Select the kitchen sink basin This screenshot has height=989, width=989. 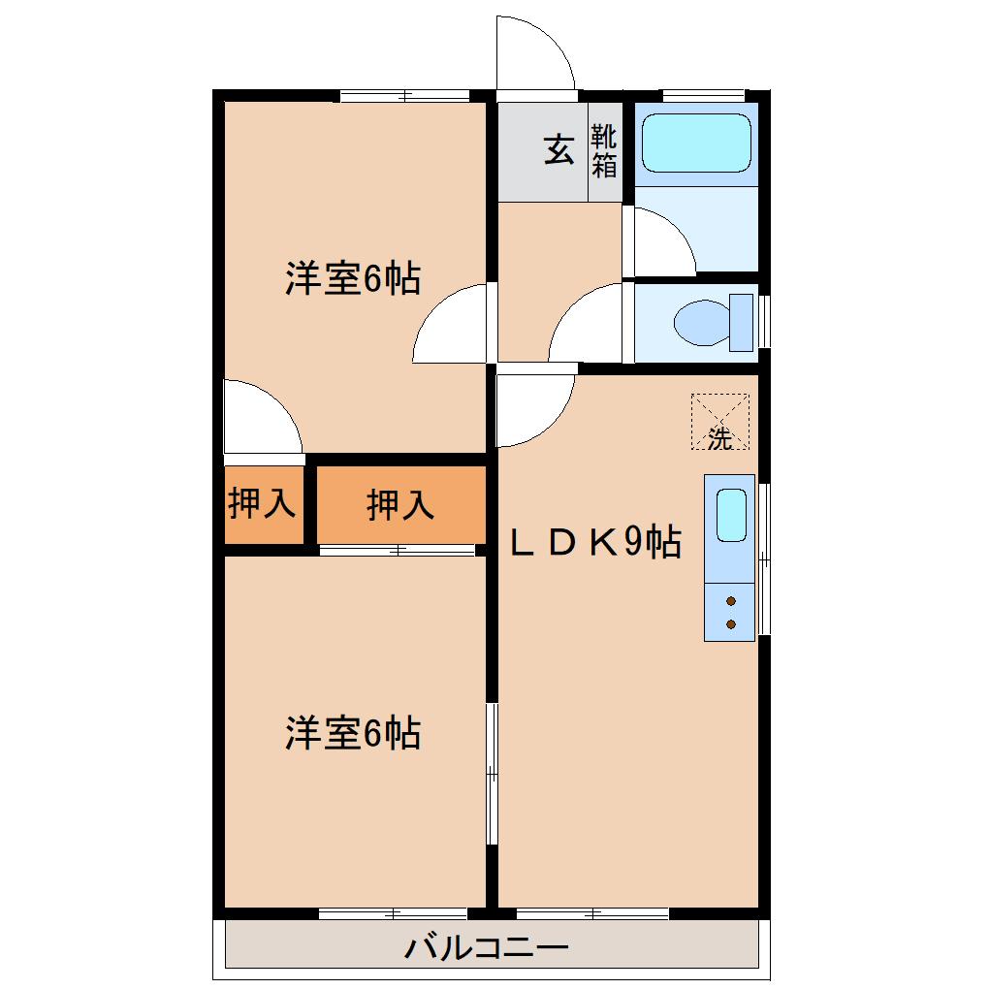tap(731, 514)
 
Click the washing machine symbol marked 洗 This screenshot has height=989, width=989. tap(719, 422)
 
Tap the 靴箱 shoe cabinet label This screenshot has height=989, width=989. tap(604, 151)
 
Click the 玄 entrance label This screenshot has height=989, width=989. tap(558, 150)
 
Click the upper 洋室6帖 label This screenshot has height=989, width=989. tap(352, 279)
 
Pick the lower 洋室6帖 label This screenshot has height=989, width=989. tap(352, 732)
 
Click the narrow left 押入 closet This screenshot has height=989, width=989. tap(262, 504)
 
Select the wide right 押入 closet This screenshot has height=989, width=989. tap(399, 504)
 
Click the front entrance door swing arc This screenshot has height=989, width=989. tap(534, 53)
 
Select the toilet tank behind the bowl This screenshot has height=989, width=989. tap(742, 322)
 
